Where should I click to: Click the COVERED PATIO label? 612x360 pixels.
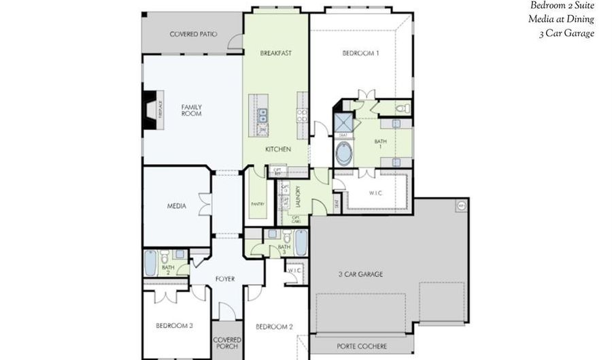[193, 33]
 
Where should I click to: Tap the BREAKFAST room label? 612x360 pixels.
[276, 52]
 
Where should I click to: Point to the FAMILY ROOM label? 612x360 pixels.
[191, 110]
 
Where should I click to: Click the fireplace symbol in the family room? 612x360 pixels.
[149, 110]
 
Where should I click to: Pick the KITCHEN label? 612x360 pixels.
[278, 148]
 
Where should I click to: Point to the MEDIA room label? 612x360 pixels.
[177, 206]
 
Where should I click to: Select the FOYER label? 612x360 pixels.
[225, 278]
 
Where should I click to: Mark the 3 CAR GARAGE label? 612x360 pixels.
[360, 274]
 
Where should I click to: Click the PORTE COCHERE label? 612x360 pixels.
[362, 346]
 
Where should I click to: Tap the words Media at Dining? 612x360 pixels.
[561, 19]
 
